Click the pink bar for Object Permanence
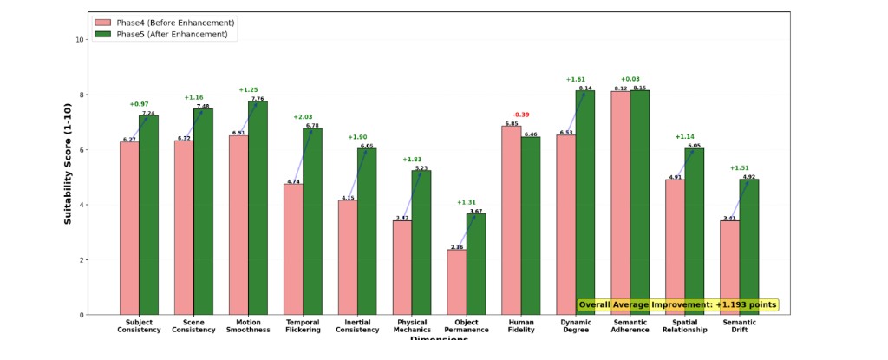coord(456,282)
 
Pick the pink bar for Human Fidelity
coord(511,220)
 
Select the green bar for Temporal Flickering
coord(312,221)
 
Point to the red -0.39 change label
coord(520,115)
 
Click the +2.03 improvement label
coord(303,117)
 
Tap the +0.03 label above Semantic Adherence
coord(630,79)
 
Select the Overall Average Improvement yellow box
coord(677,304)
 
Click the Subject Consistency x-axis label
coord(139,326)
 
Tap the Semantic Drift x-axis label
coord(739,326)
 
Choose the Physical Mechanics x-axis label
coord(412,326)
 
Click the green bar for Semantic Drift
coord(748,247)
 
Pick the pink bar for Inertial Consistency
coord(348,258)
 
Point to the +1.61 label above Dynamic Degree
coord(575,79)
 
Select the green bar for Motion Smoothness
coord(258,207)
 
